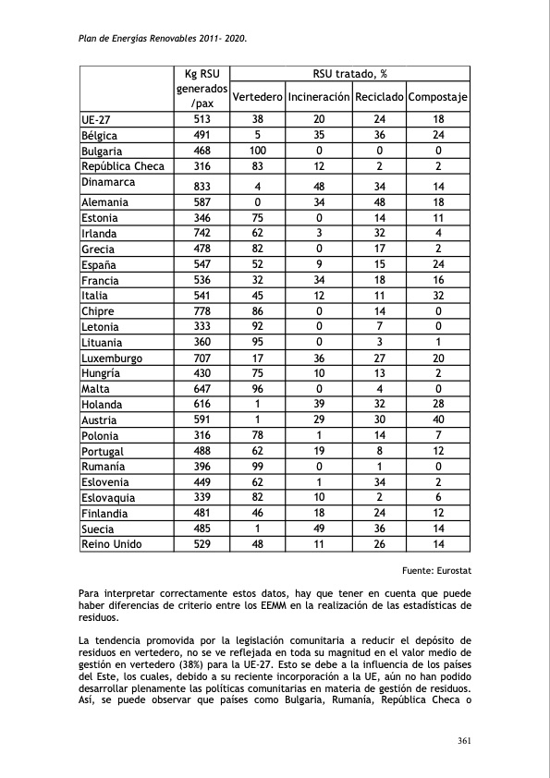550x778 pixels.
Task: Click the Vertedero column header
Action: coord(257,97)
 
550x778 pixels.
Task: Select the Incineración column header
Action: coord(319,97)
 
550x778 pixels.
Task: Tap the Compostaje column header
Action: coord(438,97)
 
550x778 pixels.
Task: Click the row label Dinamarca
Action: coord(108,182)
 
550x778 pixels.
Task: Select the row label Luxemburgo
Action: coord(117,358)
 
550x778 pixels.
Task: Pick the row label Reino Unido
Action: coord(112,544)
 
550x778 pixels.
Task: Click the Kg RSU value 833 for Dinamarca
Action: coord(201,186)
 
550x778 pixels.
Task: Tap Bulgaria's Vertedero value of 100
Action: coord(257,151)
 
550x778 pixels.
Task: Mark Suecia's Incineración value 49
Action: coord(319,529)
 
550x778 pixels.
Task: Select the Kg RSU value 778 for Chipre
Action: coord(201,311)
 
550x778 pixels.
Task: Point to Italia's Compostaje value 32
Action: coord(438,296)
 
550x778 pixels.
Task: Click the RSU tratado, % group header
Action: coord(348,74)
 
